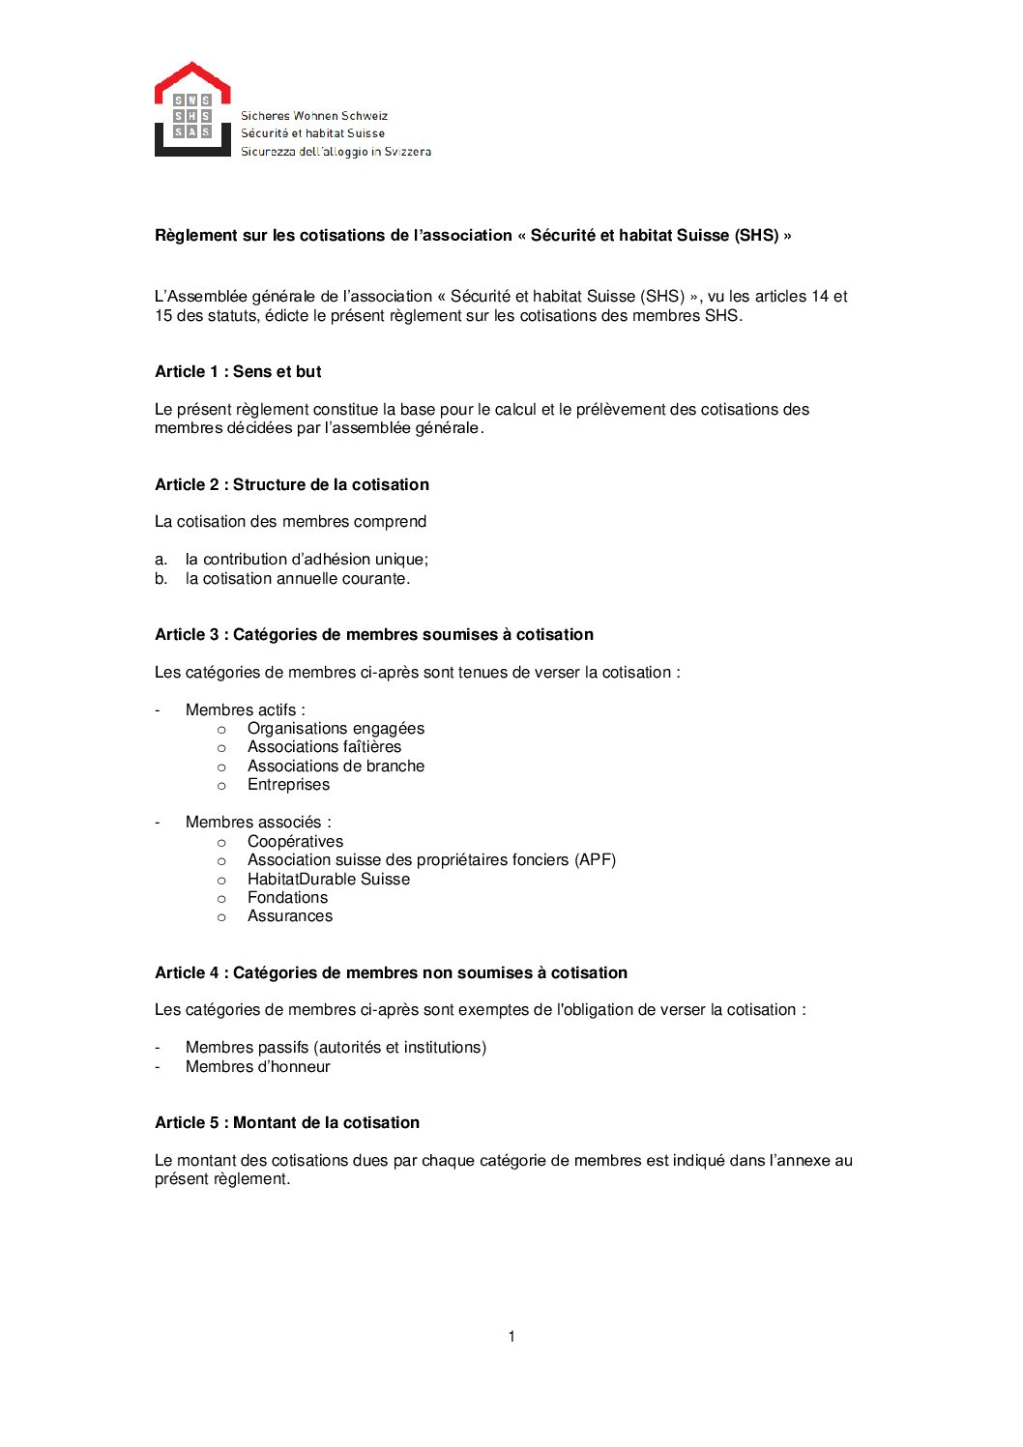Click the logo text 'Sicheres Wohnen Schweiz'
tap(314, 116)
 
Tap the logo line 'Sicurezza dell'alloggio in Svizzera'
tap(336, 152)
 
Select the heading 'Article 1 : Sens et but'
tap(238, 371)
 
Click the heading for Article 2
tap(292, 484)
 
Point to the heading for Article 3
tap(374, 634)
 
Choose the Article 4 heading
tap(391, 972)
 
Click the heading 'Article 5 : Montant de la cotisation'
tap(287, 1122)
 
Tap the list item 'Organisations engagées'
tap(336, 728)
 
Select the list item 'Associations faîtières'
tap(324, 746)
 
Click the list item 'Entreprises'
tap(288, 784)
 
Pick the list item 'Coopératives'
tap(295, 841)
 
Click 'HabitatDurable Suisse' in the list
tap(329, 879)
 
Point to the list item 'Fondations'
tap(287, 897)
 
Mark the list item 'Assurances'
tap(290, 915)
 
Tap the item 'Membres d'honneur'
tap(258, 1066)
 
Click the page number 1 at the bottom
tap(511, 1336)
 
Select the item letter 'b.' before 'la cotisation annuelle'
tap(161, 578)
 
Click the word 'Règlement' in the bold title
tap(196, 235)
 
